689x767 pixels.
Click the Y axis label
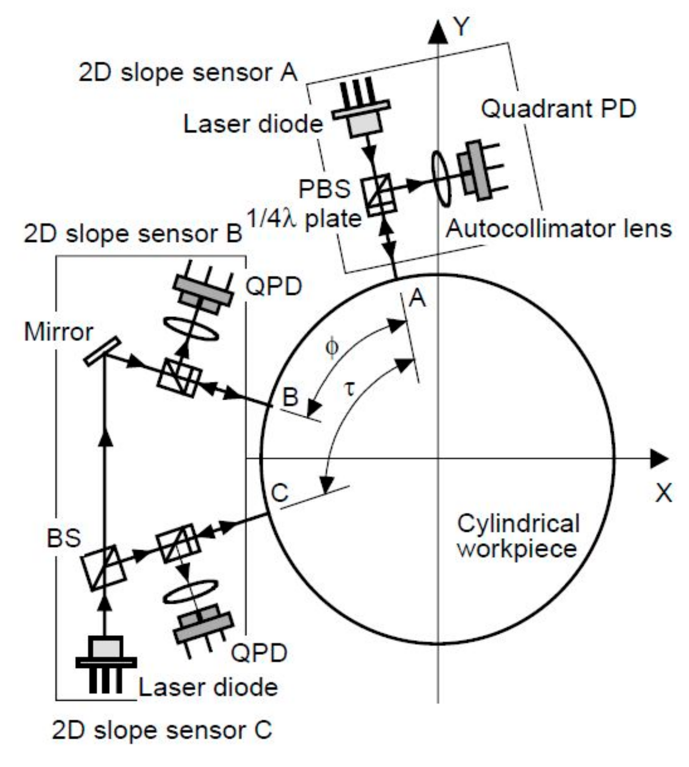(x=461, y=27)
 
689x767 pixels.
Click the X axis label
(x=663, y=492)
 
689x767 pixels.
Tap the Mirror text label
(x=59, y=332)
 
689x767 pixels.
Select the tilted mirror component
(x=102, y=352)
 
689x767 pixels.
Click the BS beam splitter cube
(x=104, y=567)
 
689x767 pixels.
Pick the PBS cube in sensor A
(x=378, y=194)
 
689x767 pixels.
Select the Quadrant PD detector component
(x=478, y=170)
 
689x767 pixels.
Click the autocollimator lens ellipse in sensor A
(x=441, y=178)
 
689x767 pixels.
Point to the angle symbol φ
(x=332, y=347)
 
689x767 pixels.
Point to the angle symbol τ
(x=350, y=389)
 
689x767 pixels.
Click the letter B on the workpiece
(x=290, y=396)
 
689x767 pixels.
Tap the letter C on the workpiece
(x=280, y=493)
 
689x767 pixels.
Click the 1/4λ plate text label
(x=304, y=218)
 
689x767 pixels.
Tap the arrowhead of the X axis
(x=659, y=458)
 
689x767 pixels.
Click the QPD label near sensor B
(x=273, y=287)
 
